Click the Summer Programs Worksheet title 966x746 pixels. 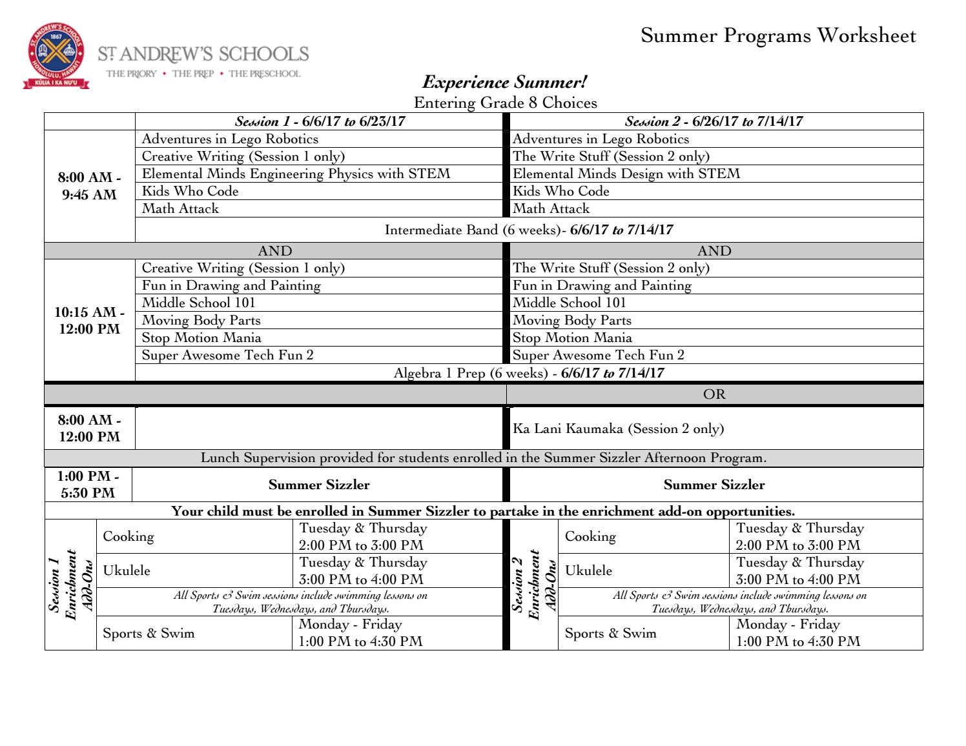(x=777, y=35)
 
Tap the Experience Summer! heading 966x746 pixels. (x=504, y=82)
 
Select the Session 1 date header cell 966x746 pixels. (x=320, y=121)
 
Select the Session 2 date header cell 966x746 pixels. (x=714, y=121)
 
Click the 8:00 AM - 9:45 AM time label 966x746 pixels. (x=90, y=186)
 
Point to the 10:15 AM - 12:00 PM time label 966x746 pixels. (x=90, y=320)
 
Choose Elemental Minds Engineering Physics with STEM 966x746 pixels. (x=296, y=174)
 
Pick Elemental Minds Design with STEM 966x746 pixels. (x=626, y=174)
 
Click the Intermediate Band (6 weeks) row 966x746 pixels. (x=528, y=230)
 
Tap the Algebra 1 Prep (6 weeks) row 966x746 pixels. (x=528, y=373)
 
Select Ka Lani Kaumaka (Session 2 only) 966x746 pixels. (x=618, y=428)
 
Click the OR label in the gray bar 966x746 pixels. (x=714, y=394)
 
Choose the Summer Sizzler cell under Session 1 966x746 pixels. (x=319, y=485)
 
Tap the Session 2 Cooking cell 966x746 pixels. (x=590, y=536)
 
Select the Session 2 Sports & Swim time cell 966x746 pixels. (x=798, y=633)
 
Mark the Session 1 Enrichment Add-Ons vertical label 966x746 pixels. (x=70, y=585)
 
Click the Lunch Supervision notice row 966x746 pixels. (x=483, y=458)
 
